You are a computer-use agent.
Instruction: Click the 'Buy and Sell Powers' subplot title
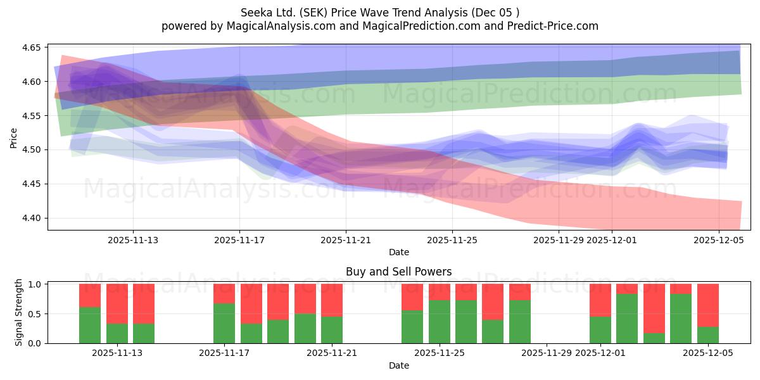click(398, 272)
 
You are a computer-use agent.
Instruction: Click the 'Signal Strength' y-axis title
click(19, 312)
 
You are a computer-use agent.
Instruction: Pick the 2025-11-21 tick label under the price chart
click(346, 240)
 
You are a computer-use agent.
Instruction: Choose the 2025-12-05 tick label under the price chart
click(718, 240)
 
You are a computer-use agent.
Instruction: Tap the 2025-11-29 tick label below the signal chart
click(547, 353)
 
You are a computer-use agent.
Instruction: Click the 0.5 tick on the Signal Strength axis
click(35, 313)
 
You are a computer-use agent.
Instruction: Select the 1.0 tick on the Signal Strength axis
click(35, 284)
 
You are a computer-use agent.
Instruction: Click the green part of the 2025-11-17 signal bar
click(224, 324)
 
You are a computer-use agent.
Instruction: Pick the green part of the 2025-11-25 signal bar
click(440, 322)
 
